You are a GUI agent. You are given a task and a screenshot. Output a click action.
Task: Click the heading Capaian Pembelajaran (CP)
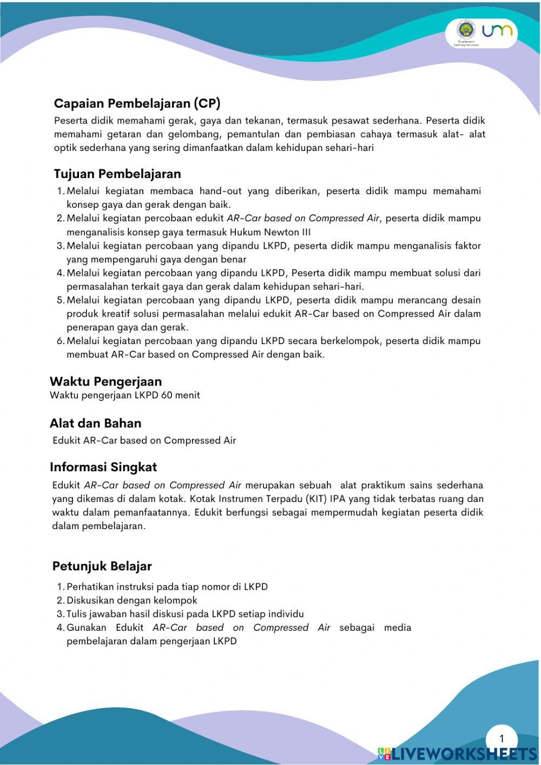pyautogui.click(x=137, y=103)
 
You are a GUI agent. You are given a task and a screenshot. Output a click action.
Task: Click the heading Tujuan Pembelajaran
pyautogui.click(x=117, y=174)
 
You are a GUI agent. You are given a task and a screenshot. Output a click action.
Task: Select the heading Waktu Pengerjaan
pyautogui.click(x=105, y=381)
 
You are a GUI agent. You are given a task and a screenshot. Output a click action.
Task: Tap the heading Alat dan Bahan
pyautogui.click(x=95, y=423)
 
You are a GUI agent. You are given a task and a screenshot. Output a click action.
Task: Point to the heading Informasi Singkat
pyautogui.click(x=103, y=467)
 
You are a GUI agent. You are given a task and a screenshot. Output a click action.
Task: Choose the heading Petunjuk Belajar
pyautogui.click(x=102, y=566)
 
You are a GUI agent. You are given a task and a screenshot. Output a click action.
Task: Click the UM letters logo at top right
pyautogui.click(x=497, y=31)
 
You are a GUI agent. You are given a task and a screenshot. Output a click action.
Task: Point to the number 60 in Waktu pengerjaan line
pyautogui.click(x=166, y=395)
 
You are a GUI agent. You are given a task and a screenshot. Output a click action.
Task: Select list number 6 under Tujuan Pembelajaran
pyautogui.click(x=60, y=341)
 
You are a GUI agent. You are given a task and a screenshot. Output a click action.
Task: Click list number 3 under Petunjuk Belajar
pyautogui.click(x=60, y=614)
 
